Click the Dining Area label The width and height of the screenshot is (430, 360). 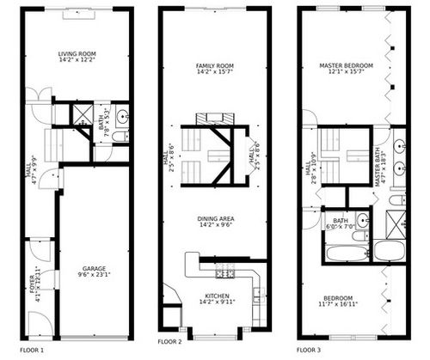tap(215, 219)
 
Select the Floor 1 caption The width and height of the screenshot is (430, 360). tap(31, 351)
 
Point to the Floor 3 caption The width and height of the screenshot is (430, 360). tap(309, 351)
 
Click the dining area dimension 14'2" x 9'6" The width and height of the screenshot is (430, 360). tap(215, 227)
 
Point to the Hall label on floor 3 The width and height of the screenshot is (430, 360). tap(309, 168)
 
